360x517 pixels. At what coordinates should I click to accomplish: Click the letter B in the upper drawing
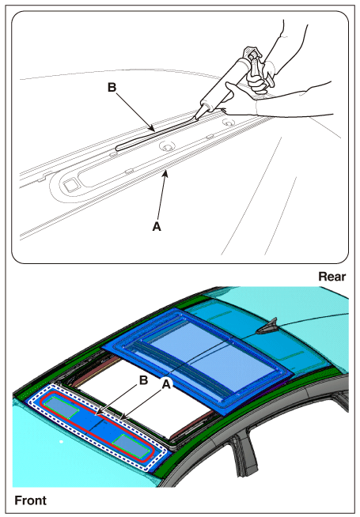(112, 88)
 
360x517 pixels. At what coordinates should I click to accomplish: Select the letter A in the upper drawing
(157, 226)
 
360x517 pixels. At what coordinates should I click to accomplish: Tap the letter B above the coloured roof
(143, 380)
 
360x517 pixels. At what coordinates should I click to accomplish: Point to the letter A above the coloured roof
(166, 383)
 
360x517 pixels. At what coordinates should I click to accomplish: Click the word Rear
(332, 277)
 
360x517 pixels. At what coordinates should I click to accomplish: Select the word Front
(30, 500)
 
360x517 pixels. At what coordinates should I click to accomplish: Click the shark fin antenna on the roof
(267, 326)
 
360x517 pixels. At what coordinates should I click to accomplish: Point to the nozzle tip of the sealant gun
(196, 118)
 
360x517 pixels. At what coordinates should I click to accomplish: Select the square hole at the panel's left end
(70, 186)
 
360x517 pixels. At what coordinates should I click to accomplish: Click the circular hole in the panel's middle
(167, 146)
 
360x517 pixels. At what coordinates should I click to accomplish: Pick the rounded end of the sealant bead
(117, 148)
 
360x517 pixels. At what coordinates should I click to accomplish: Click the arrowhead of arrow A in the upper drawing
(166, 173)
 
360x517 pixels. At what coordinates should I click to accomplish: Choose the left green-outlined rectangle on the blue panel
(62, 408)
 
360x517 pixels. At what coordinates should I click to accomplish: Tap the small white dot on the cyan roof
(61, 441)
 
